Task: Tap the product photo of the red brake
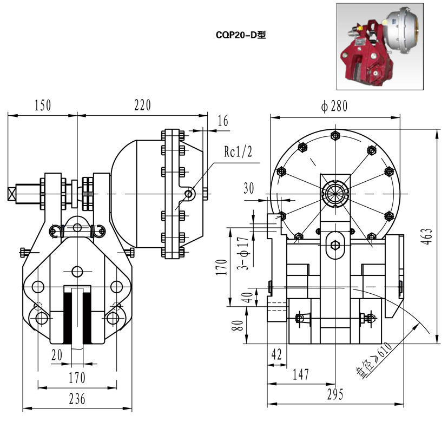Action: coord(379,46)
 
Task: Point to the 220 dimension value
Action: coord(142,105)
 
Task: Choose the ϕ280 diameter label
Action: coord(334,106)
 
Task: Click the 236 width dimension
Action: coord(77,399)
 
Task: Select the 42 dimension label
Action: coord(276,355)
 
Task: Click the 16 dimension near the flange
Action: coord(222,121)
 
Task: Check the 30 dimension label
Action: coord(248,188)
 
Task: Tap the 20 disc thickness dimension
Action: coord(57,354)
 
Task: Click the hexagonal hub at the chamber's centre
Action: coord(335,193)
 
